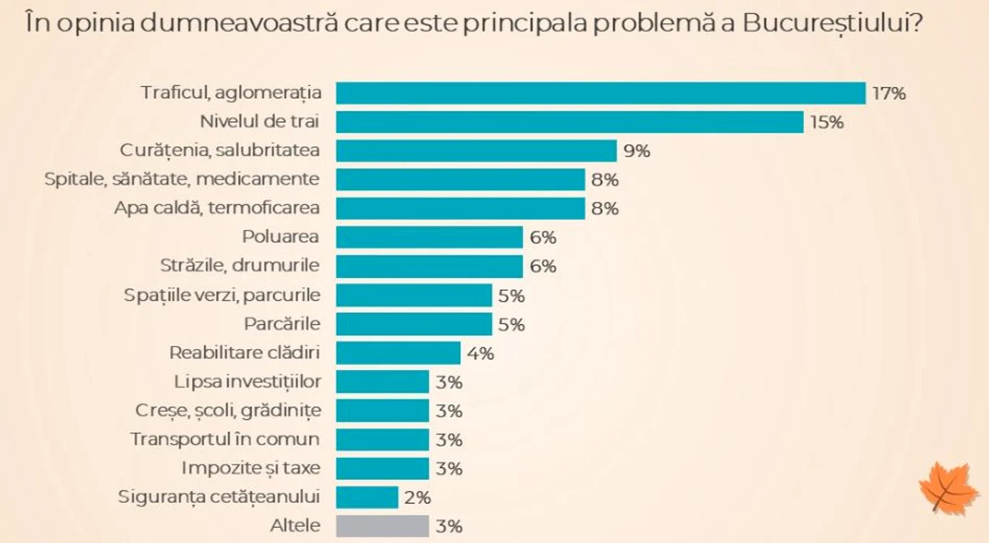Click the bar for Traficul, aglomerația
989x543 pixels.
tap(600, 93)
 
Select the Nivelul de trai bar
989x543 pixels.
tap(569, 122)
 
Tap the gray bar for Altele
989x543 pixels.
tap(382, 526)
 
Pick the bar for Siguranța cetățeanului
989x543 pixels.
tap(367, 497)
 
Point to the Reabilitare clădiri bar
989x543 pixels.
tap(398, 353)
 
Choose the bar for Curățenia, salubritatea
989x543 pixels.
tap(476, 151)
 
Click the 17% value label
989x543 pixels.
tap(888, 93)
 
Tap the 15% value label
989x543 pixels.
tap(826, 122)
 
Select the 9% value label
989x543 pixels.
tap(637, 151)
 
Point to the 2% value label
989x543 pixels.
tap(417, 498)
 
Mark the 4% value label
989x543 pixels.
tap(480, 353)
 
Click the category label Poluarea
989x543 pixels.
tap(281, 237)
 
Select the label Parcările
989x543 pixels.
tap(282, 324)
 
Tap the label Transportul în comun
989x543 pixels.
tap(225, 439)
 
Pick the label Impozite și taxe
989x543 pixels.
tap(251, 468)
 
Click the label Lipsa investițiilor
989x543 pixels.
tap(247, 382)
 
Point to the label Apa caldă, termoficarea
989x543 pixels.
tap(217, 208)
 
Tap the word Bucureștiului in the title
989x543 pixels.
tap(833, 24)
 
